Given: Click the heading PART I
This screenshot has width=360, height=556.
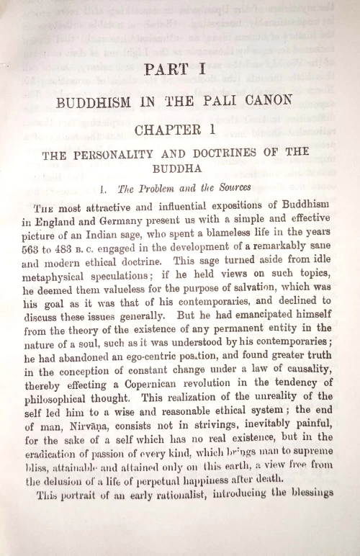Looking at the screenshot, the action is [x=175, y=70].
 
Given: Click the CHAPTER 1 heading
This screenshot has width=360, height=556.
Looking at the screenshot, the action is [x=175, y=131].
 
